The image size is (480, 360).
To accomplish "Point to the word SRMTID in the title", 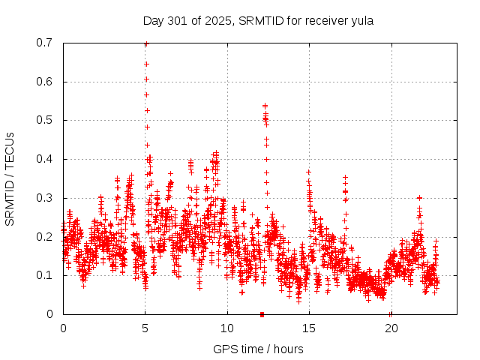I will pyautogui.click(x=258, y=20).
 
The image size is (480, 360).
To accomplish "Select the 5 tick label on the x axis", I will pyautogui.click(x=145, y=328).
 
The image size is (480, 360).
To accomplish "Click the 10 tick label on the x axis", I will pyautogui.click(x=227, y=328).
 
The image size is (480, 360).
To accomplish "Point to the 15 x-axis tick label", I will pyautogui.click(x=309, y=328).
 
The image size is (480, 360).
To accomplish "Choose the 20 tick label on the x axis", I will pyautogui.click(x=391, y=328).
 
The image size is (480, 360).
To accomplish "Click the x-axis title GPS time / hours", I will pyautogui.click(x=258, y=349).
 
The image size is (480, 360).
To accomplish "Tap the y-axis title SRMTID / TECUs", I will pyautogui.click(x=10, y=178).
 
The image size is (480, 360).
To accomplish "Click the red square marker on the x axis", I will pyautogui.click(x=262, y=313).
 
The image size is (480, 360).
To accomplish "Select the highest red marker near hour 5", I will pyautogui.click(x=146, y=43).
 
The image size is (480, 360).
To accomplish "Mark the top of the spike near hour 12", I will pyautogui.click(x=265, y=106).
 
